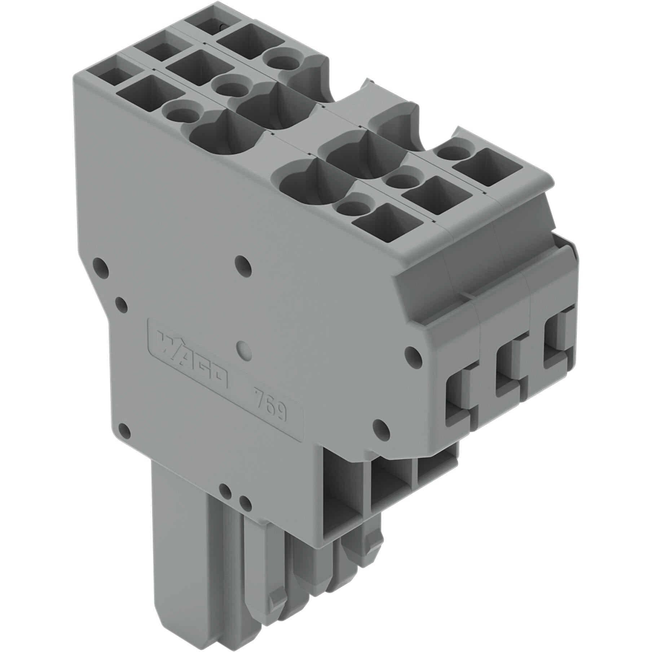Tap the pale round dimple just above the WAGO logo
pos(244,349)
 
